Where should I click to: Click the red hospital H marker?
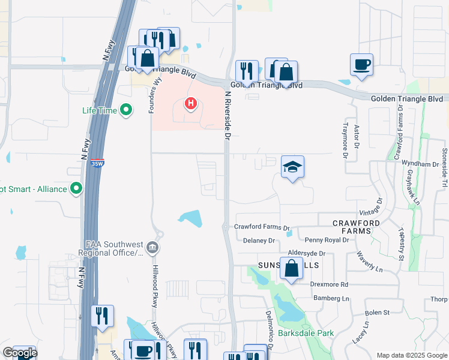click(191, 104)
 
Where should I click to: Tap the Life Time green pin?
click(126, 110)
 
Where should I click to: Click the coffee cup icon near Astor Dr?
click(361, 64)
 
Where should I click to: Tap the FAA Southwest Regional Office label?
click(115, 248)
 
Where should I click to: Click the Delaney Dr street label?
click(259, 241)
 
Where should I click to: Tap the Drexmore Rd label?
click(329, 284)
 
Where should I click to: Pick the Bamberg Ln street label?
click(331, 298)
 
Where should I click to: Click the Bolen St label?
click(378, 313)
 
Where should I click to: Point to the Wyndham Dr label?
click(420, 164)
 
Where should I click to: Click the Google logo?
click(19, 353)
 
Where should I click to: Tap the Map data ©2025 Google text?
click(412, 355)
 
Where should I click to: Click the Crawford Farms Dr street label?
click(262, 227)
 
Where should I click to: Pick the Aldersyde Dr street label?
click(306, 254)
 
